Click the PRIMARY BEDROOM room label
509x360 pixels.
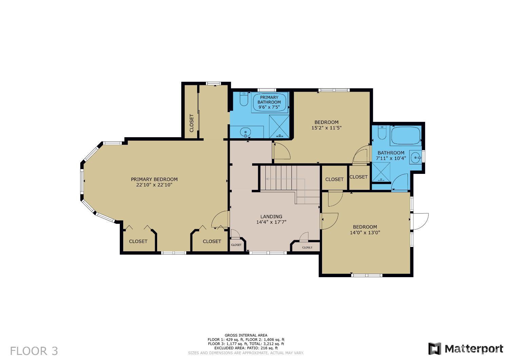tap(154, 179)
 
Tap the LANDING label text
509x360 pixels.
tap(271, 217)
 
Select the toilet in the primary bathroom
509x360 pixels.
tap(244, 99)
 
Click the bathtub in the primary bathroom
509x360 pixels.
tap(269, 102)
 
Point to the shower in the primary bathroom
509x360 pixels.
tap(279, 127)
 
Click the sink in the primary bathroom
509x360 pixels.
tap(245, 131)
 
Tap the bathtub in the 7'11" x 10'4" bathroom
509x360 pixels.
tap(406, 136)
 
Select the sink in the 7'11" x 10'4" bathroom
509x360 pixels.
tap(416, 158)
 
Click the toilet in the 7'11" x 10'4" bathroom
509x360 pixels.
tap(382, 133)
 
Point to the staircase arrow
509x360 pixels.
tap(285, 179)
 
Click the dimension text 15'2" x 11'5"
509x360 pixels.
tap(326, 128)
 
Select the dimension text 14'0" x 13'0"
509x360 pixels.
tap(365, 233)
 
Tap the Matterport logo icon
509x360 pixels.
tap(435, 349)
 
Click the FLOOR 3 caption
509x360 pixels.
tap(34, 351)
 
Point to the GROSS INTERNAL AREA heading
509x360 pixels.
tap(246, 335)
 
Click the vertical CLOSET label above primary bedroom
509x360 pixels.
tap(191, 123)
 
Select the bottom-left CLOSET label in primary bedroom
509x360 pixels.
tap(138, 241)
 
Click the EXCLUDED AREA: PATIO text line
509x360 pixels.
tap(246, 348)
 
